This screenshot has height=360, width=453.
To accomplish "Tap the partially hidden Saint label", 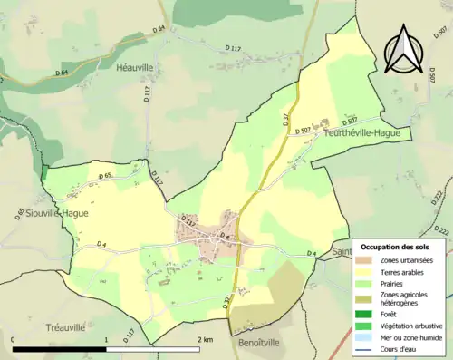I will pyautogui.click(x=342, y=251).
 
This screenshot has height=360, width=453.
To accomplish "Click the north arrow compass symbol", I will pyautogui.click(x=401, y=49).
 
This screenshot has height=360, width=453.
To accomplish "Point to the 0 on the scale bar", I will pyautogui.click(x=13, y=340).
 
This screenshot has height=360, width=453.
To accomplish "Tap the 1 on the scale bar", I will pyautogui.click(x=106, y=340).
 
